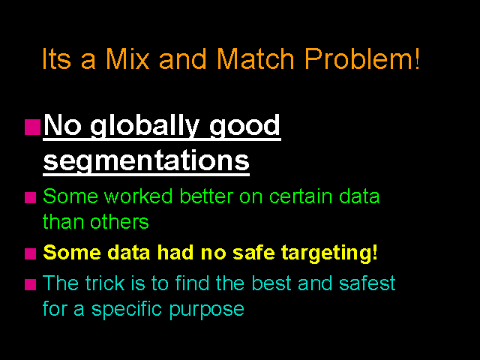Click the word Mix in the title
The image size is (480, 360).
pos(127,58)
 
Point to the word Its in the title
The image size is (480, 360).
pos(56,58)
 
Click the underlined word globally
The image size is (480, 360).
pos(145,126)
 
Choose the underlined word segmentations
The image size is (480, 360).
pos(146,160)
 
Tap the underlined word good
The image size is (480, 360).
pos(244,126)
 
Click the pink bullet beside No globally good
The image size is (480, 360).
pos(32,127)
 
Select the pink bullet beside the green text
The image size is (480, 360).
pos(30,197)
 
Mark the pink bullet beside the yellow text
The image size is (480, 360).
pos(30,253)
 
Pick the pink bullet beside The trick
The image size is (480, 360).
pos(30,284)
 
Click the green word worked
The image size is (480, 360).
pos(138,196)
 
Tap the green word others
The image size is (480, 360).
pos(119,221)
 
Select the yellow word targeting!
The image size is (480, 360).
pos(329,253)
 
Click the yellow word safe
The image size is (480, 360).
pos(255,252)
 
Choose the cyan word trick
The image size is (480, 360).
pos(105,283)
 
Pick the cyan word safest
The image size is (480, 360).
pos(367,283)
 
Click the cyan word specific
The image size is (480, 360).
pos(127,309)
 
